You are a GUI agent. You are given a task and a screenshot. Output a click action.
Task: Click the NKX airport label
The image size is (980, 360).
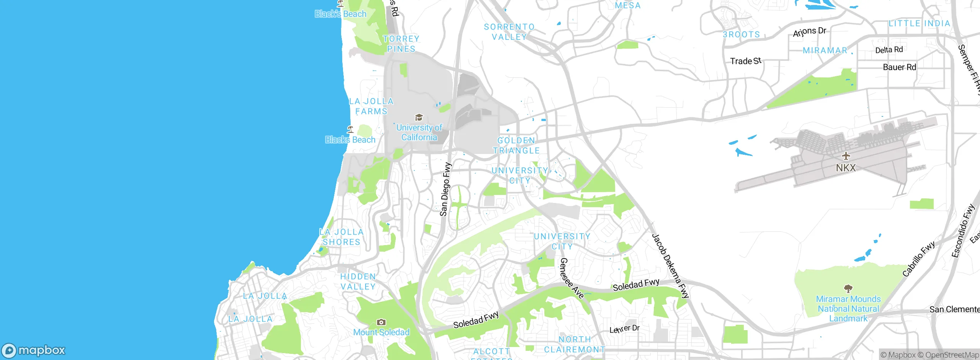[x=845, y=168]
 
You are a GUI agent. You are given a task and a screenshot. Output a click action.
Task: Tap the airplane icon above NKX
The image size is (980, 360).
[x=846, y=156]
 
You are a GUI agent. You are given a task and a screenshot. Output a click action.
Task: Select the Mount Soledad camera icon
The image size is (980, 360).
[x=381, y=322]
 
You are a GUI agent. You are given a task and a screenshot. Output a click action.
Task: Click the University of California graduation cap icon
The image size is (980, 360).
[x=419, y=117]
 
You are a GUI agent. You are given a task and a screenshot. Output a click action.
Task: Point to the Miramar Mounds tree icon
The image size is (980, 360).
[x=848, y=288]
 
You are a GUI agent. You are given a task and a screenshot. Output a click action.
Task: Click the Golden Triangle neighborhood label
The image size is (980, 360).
[x=516, y=146]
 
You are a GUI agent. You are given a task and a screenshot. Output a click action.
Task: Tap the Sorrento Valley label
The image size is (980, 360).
[x=509, y=32]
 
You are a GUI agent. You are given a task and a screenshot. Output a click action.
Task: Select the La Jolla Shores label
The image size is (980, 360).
[x=341, y=237]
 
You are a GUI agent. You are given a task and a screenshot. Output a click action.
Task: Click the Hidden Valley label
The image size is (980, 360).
[x=358, y=281]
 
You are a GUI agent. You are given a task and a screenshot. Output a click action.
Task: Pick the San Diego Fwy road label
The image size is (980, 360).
[x=445, y=189]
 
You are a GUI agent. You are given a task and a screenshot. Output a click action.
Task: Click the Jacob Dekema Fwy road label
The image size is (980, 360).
[x=670, y=266]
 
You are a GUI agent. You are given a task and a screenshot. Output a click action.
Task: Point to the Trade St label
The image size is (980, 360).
[x=745, y=61]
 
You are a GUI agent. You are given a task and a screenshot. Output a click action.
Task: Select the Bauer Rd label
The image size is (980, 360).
[x=899, y=67]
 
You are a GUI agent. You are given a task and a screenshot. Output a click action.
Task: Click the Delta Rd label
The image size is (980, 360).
[x=889, y=50]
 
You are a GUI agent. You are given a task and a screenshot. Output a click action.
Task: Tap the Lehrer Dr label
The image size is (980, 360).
[x=624, y=329]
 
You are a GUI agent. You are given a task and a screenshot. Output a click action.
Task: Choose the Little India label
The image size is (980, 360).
[x=919, y=23]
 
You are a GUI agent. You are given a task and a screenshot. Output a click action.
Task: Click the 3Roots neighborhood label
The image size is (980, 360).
[x=741, y=34]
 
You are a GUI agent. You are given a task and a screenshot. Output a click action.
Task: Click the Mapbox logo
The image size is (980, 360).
[x=34, y=350]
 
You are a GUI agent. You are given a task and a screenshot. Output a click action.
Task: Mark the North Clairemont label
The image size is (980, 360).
[x=575, y=345]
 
